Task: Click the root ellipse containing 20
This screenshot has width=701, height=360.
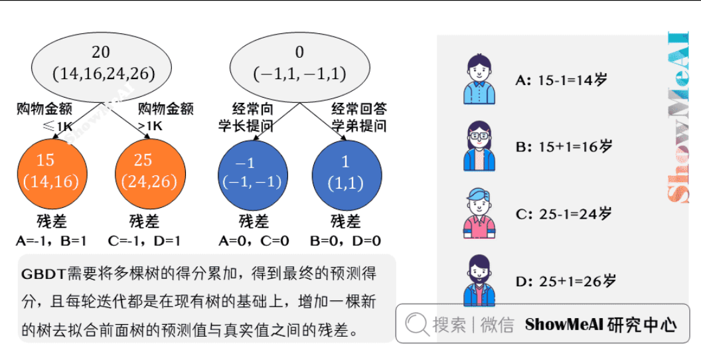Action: pos(102,62)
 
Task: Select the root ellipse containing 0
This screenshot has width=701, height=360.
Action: pos(299,62)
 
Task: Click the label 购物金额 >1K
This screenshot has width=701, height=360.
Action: pos(165,117)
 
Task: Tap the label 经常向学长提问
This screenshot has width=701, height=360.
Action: pos(245,117)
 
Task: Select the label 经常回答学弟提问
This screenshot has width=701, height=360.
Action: pos(358,117)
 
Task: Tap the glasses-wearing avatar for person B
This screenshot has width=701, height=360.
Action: pos(479,146)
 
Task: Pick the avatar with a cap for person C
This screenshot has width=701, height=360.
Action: pos(479,213)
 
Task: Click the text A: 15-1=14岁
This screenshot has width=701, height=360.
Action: pos(562,80)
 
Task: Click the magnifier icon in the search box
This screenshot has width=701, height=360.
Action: pos(417,324)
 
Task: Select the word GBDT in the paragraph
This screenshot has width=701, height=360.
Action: pos(42,274)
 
